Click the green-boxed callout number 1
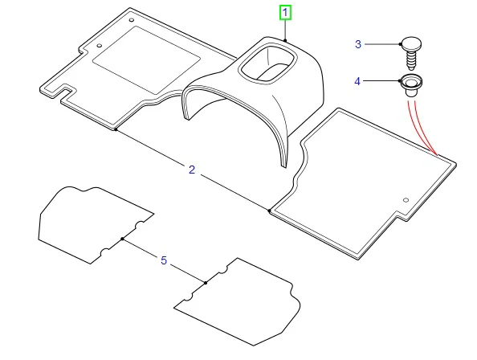click(285, 13)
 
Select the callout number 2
click(192, 170)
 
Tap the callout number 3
click(358, 44)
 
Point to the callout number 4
click(357, 81)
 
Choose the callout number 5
click(164, 260)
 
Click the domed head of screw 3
click(411, 44)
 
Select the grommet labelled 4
click(411, 85)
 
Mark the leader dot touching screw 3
click(401, 44)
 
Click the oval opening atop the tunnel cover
click(267, 63)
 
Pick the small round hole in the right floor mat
click(406, 200)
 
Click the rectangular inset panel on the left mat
click(146, 60)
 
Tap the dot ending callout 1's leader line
click(285, 40)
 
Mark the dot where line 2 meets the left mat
click(116, 129)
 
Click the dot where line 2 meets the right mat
click(269, 211)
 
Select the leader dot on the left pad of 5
click(122, 239)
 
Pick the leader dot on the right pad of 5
click(206, 283)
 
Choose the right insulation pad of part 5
click(237, 302)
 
